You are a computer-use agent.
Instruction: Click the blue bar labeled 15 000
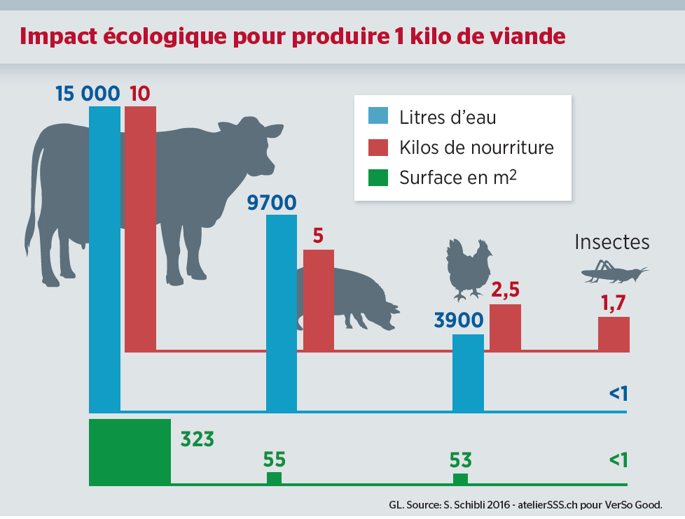104,259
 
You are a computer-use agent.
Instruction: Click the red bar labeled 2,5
504,327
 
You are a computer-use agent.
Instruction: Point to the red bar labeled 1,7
614,334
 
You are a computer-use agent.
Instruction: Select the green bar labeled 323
130,451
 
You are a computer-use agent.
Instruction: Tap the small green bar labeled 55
274,478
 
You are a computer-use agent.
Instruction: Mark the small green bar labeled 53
460,478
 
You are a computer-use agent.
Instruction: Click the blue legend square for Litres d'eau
378,117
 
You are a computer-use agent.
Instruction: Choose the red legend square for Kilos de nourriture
378,148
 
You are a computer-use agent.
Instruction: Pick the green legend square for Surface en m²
378,178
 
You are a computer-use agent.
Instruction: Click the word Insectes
611,242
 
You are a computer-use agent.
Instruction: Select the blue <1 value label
618,394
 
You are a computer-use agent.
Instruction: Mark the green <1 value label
618,460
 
